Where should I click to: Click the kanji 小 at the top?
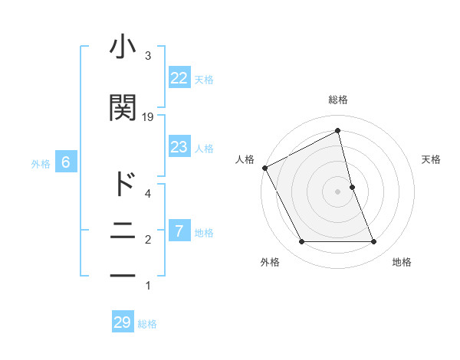click(x=123, y=48)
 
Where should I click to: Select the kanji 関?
click(x=123, y=108)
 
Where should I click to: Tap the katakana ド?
click(x=123, y=184)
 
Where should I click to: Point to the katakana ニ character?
click(x=123, y=230)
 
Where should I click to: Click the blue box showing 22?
click(x=179, y=78)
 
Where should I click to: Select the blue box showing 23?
click(x=179, y=147)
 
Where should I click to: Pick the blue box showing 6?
click(x=66, y=162)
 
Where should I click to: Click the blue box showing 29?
click(x=122, y=322)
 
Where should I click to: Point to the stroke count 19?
click(x=148, y=116)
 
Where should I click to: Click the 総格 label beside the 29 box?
click(x=147, y=324)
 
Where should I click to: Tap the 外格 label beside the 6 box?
click(x=41, y=163)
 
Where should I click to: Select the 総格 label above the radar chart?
click(x=337, y=100)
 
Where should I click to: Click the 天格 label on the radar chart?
click(x=432, y=159)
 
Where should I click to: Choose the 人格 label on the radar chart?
click(x=244, y=159)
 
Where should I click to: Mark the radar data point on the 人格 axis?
click(x=264, y=168)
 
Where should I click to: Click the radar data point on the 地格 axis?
click(x=374, y=242)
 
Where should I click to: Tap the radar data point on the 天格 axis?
click(x=352, y=187)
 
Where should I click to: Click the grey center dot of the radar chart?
click(x=337, y=191)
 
